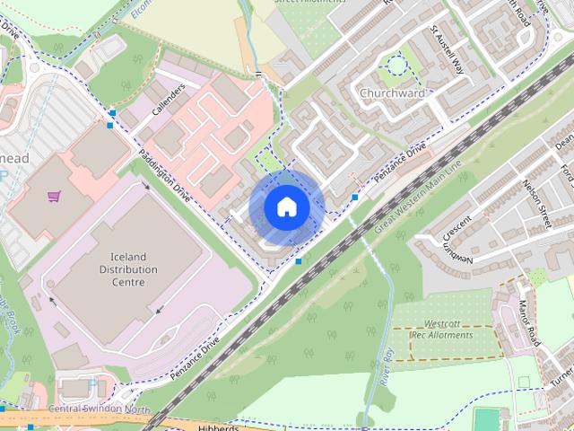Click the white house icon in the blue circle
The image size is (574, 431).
pos(286,207)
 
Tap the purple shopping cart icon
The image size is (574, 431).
pos(56,196)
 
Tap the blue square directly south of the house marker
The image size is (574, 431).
pos(299,261)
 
